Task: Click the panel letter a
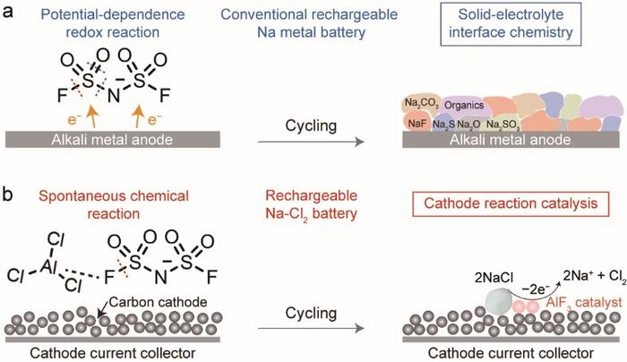click(10, 12)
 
